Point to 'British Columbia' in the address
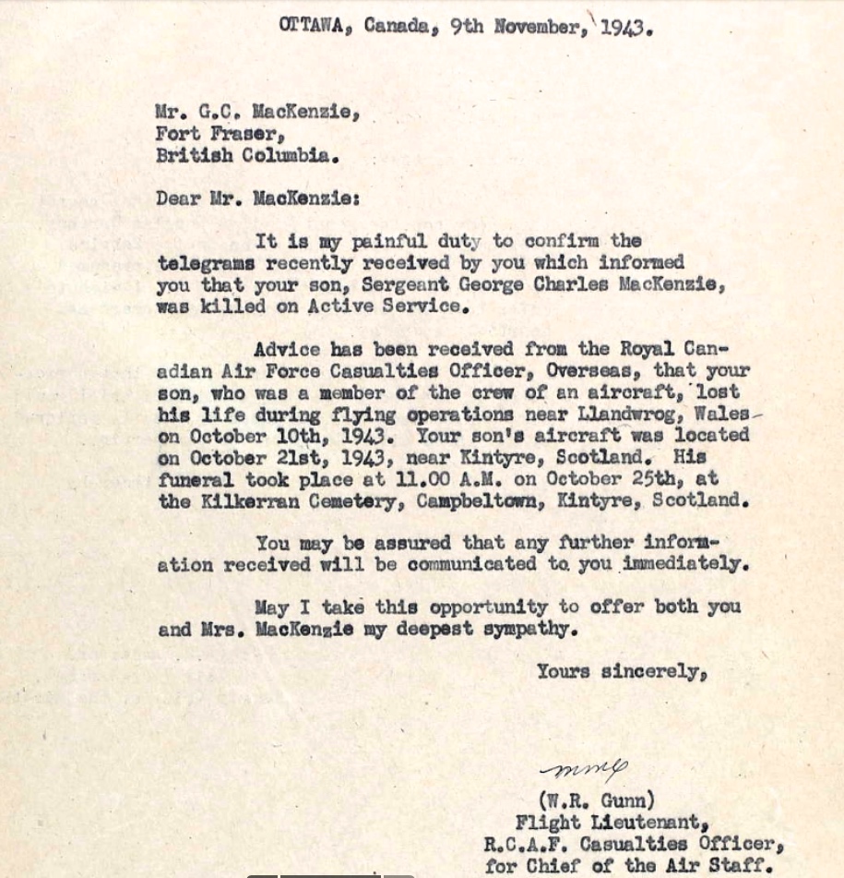(x=248, y=155)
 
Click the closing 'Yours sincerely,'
(x=622, y=672)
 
